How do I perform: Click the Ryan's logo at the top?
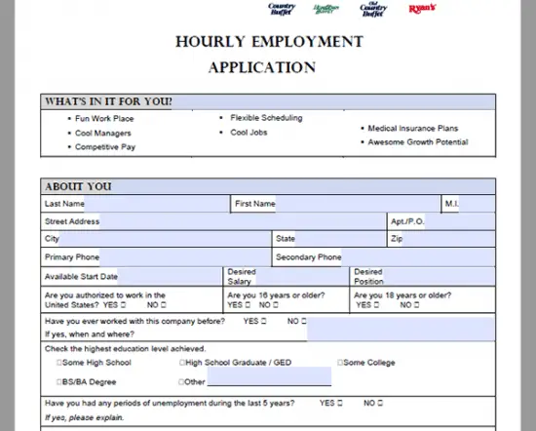click(x=422, y=9)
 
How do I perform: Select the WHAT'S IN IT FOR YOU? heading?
click(x=108, y=101)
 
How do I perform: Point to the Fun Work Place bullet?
click(x=104, y=119)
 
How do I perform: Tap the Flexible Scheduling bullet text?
click(x=266, y=118)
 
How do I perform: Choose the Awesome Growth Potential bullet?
click(x=417, y=142)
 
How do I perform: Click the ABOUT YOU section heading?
click(x=78, y=186)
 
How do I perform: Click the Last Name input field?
click(x=157, y=204)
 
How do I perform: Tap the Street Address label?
click(x=72, y=221)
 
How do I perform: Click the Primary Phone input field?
click(x=185, y=257)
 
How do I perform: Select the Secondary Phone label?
click(x=309, y=257)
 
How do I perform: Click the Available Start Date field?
click(x=170, y=276)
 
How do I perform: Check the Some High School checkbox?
click(x=60, y=363)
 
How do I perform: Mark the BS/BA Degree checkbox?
click(x=60, y=381)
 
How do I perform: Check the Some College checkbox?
click(x=340, y=363)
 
